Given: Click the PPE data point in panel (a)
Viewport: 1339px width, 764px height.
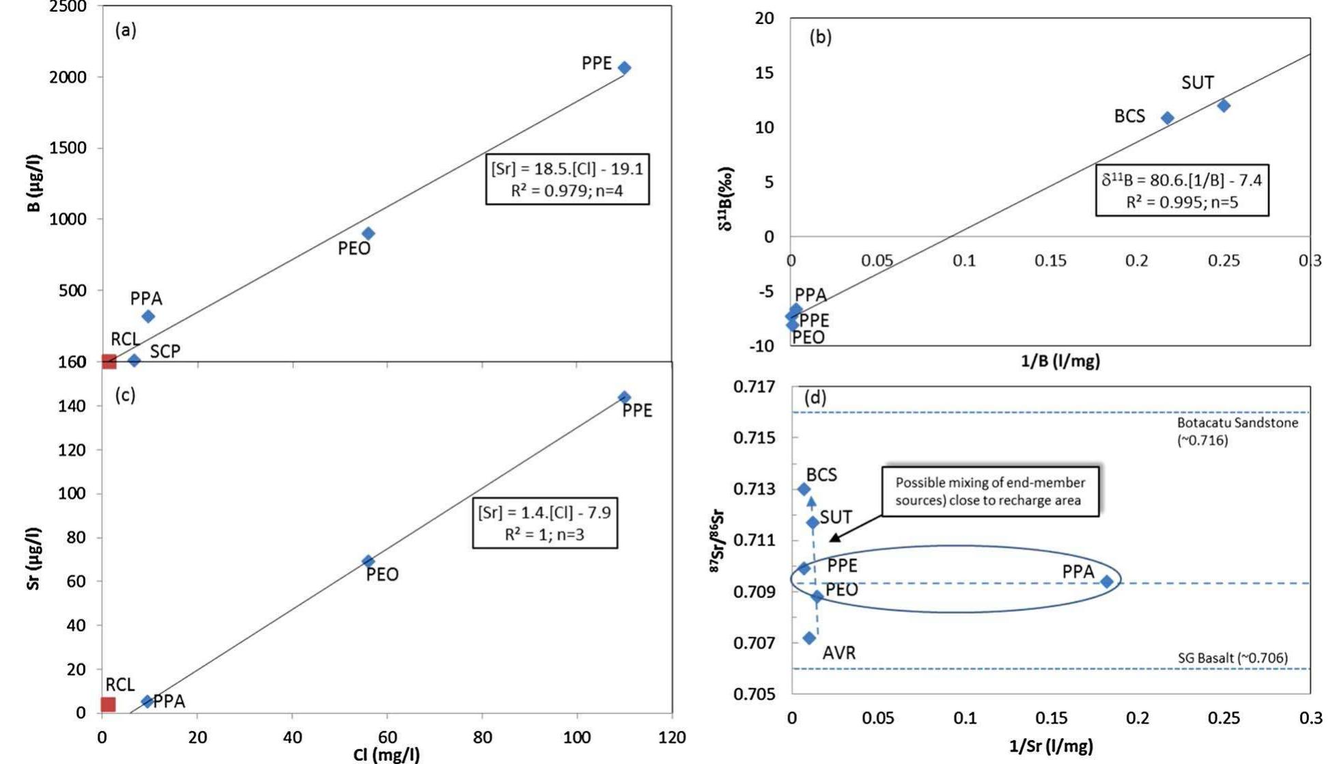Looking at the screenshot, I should coord(624,68).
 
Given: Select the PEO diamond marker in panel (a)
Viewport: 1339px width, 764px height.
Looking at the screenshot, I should coord(368,234).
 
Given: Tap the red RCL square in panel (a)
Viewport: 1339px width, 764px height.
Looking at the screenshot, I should coord(109,361).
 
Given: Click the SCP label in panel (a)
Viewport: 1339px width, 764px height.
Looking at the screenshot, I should coord(165,351).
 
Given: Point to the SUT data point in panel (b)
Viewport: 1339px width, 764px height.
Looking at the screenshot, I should coord(1224,105).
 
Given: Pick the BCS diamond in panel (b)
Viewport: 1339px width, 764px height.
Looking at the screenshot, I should coord(1168,118).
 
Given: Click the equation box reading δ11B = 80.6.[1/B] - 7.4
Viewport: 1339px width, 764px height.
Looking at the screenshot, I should coord(1182,191).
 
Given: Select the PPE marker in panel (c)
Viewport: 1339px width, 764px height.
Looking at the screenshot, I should coord(624,397).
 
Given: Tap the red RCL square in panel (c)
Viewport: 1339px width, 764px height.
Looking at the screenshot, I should coord(109,704).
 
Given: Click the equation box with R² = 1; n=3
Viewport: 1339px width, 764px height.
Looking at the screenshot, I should coord(544,523).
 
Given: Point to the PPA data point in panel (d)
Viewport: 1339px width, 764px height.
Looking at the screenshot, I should coord(1107,582).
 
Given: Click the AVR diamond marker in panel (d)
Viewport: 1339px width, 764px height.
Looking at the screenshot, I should coord(809,638).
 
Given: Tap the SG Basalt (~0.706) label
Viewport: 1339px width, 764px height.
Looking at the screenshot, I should coord(1232,657).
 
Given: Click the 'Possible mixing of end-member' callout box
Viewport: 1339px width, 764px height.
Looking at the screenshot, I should coord(990,491).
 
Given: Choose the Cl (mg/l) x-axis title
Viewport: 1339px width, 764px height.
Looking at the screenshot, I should coord(386,754).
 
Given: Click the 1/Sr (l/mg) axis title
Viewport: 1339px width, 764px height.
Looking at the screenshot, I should coord(1050,746).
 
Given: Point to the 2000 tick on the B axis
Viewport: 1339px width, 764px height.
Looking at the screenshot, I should coord(68,77).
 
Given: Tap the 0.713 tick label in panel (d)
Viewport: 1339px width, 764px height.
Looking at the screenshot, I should coord(755,489).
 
